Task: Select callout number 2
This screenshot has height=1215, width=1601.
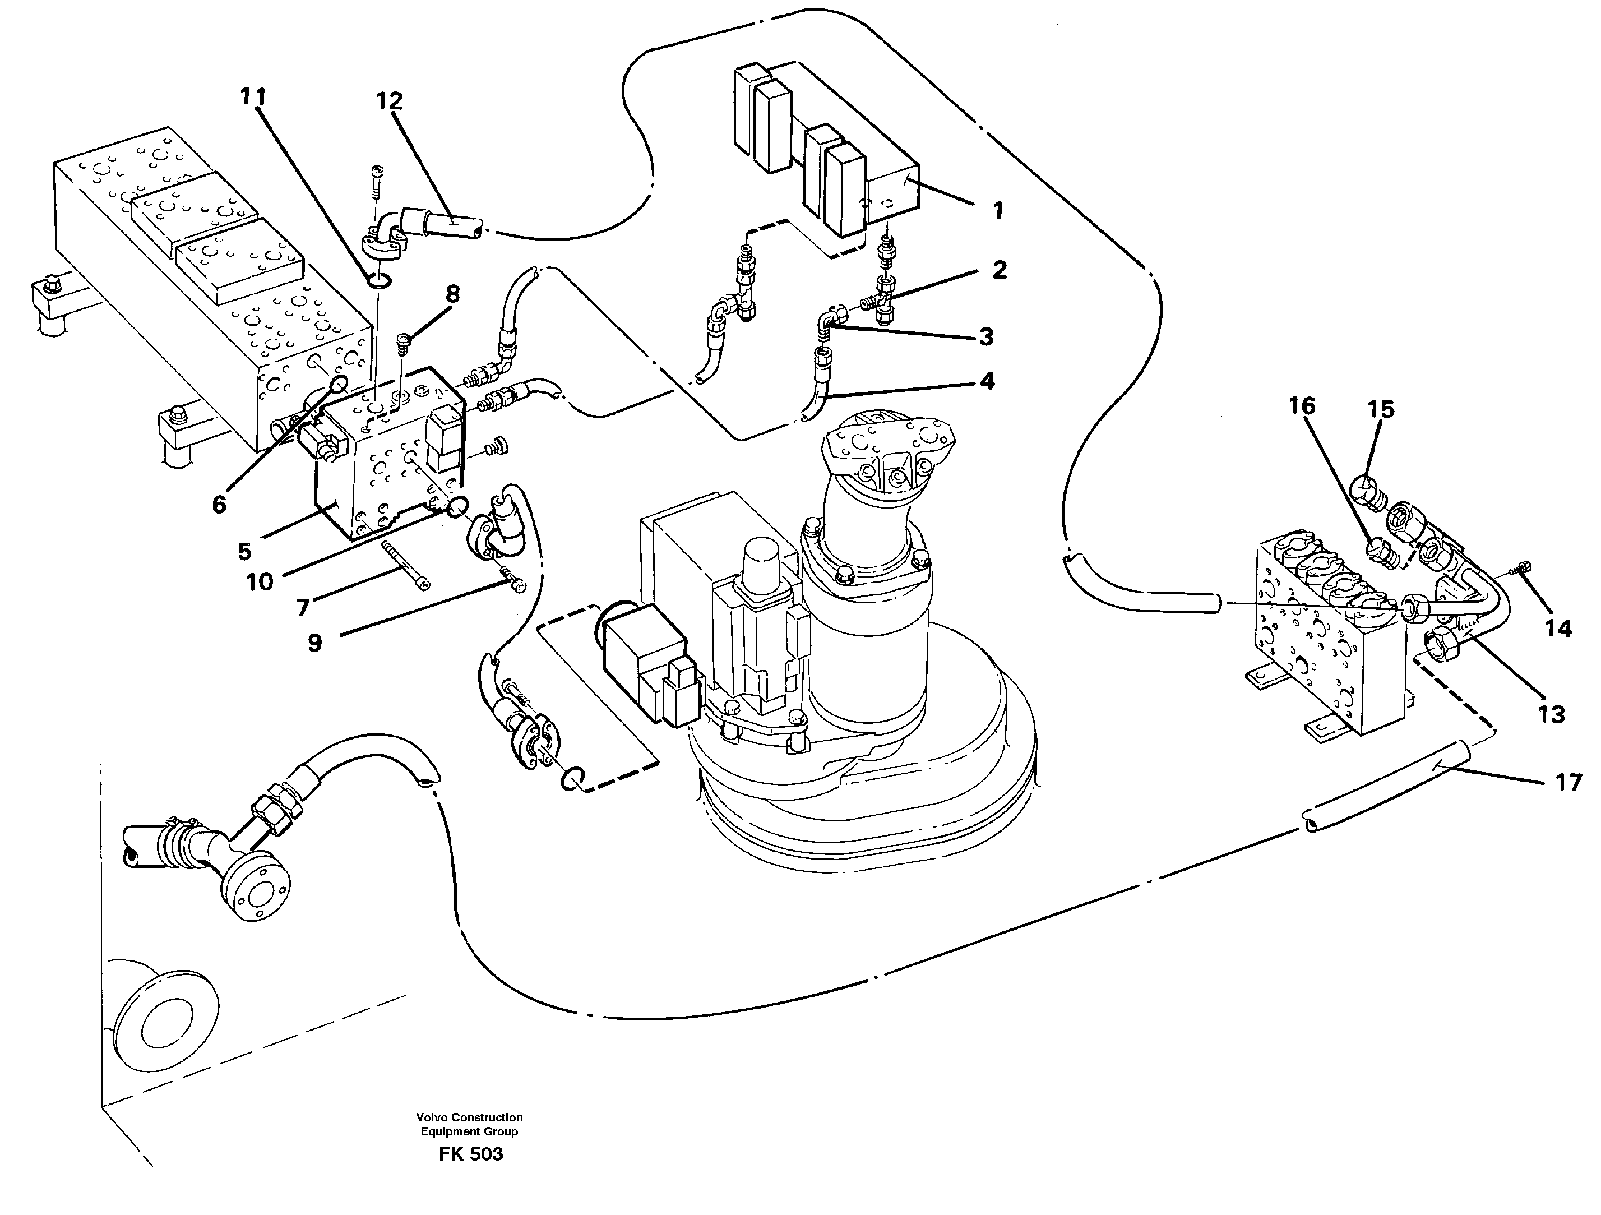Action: point(999,270)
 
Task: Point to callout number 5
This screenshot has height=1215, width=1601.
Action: point(244,551)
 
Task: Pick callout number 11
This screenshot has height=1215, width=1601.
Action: point(253,97)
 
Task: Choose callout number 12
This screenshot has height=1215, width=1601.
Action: point(388,101)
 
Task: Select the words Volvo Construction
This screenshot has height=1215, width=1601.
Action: point(469,1117)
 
